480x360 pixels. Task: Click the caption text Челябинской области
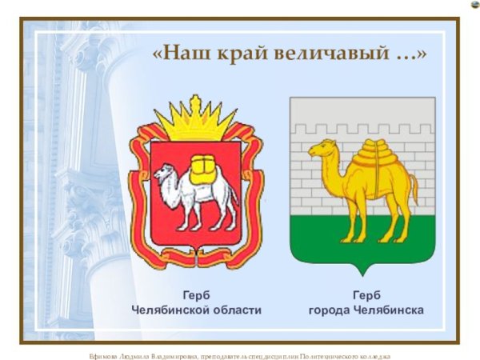197,310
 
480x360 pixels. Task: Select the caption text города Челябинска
366,310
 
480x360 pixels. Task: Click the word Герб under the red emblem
196,294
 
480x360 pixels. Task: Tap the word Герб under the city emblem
366,294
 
